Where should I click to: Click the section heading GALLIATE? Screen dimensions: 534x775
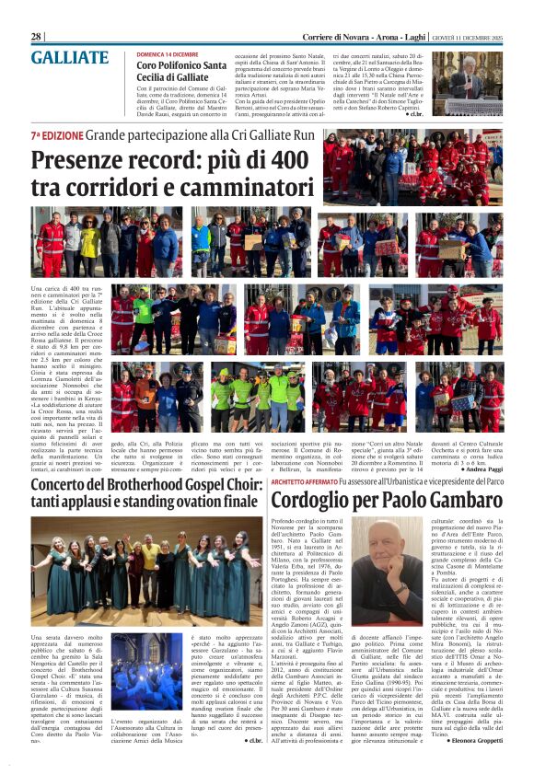tap(69, 58)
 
